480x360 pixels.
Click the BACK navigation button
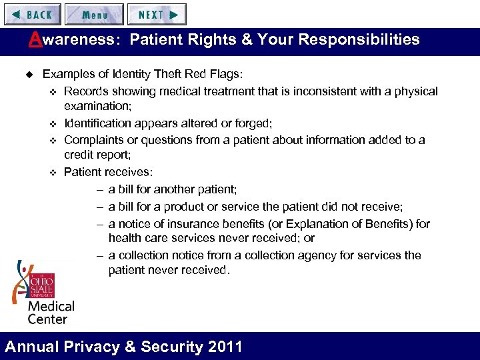coord(31,14)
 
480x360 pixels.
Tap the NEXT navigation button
coord(157,14)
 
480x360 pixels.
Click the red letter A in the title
coord(35,39)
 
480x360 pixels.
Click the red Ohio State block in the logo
coord(40,284)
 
